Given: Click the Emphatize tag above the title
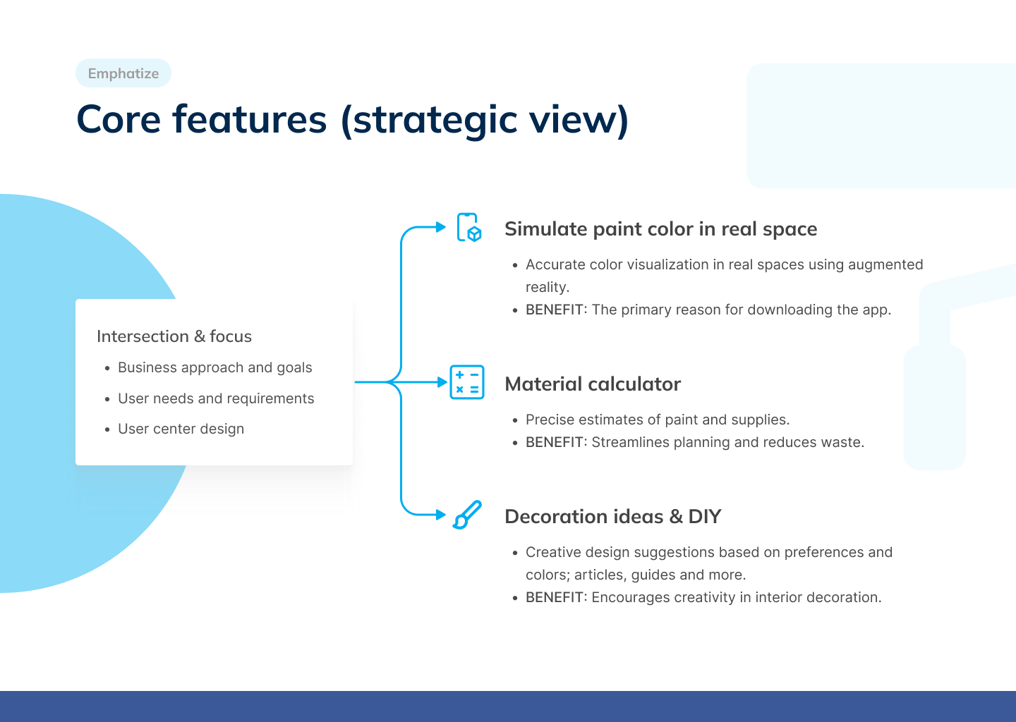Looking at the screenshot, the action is [x=123, y=73].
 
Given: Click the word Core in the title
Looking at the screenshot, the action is [x=119, y=120].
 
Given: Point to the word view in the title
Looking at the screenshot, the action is [x=572, y=120].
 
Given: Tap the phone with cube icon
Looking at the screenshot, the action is [x=469, y=228].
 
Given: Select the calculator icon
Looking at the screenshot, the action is [x=467, y=382].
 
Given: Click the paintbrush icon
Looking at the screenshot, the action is [x=467, y=515].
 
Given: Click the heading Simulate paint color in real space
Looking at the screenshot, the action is [x=661, y=229].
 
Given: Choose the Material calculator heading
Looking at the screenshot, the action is [x=593, y=384].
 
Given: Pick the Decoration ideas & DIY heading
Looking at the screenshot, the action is [x=612, y=516].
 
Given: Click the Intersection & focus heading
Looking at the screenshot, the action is [x=174, y=336].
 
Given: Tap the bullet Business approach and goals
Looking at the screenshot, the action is [x=215, y=367].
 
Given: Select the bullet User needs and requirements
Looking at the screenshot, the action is [x=216, y=398].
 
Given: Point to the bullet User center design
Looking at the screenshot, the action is [x=181, y=428].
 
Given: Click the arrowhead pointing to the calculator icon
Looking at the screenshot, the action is [x=442, y=382].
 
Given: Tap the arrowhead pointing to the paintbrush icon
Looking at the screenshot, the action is [x=441, y=515].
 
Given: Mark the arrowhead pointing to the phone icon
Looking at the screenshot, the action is [x=441, y=227].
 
